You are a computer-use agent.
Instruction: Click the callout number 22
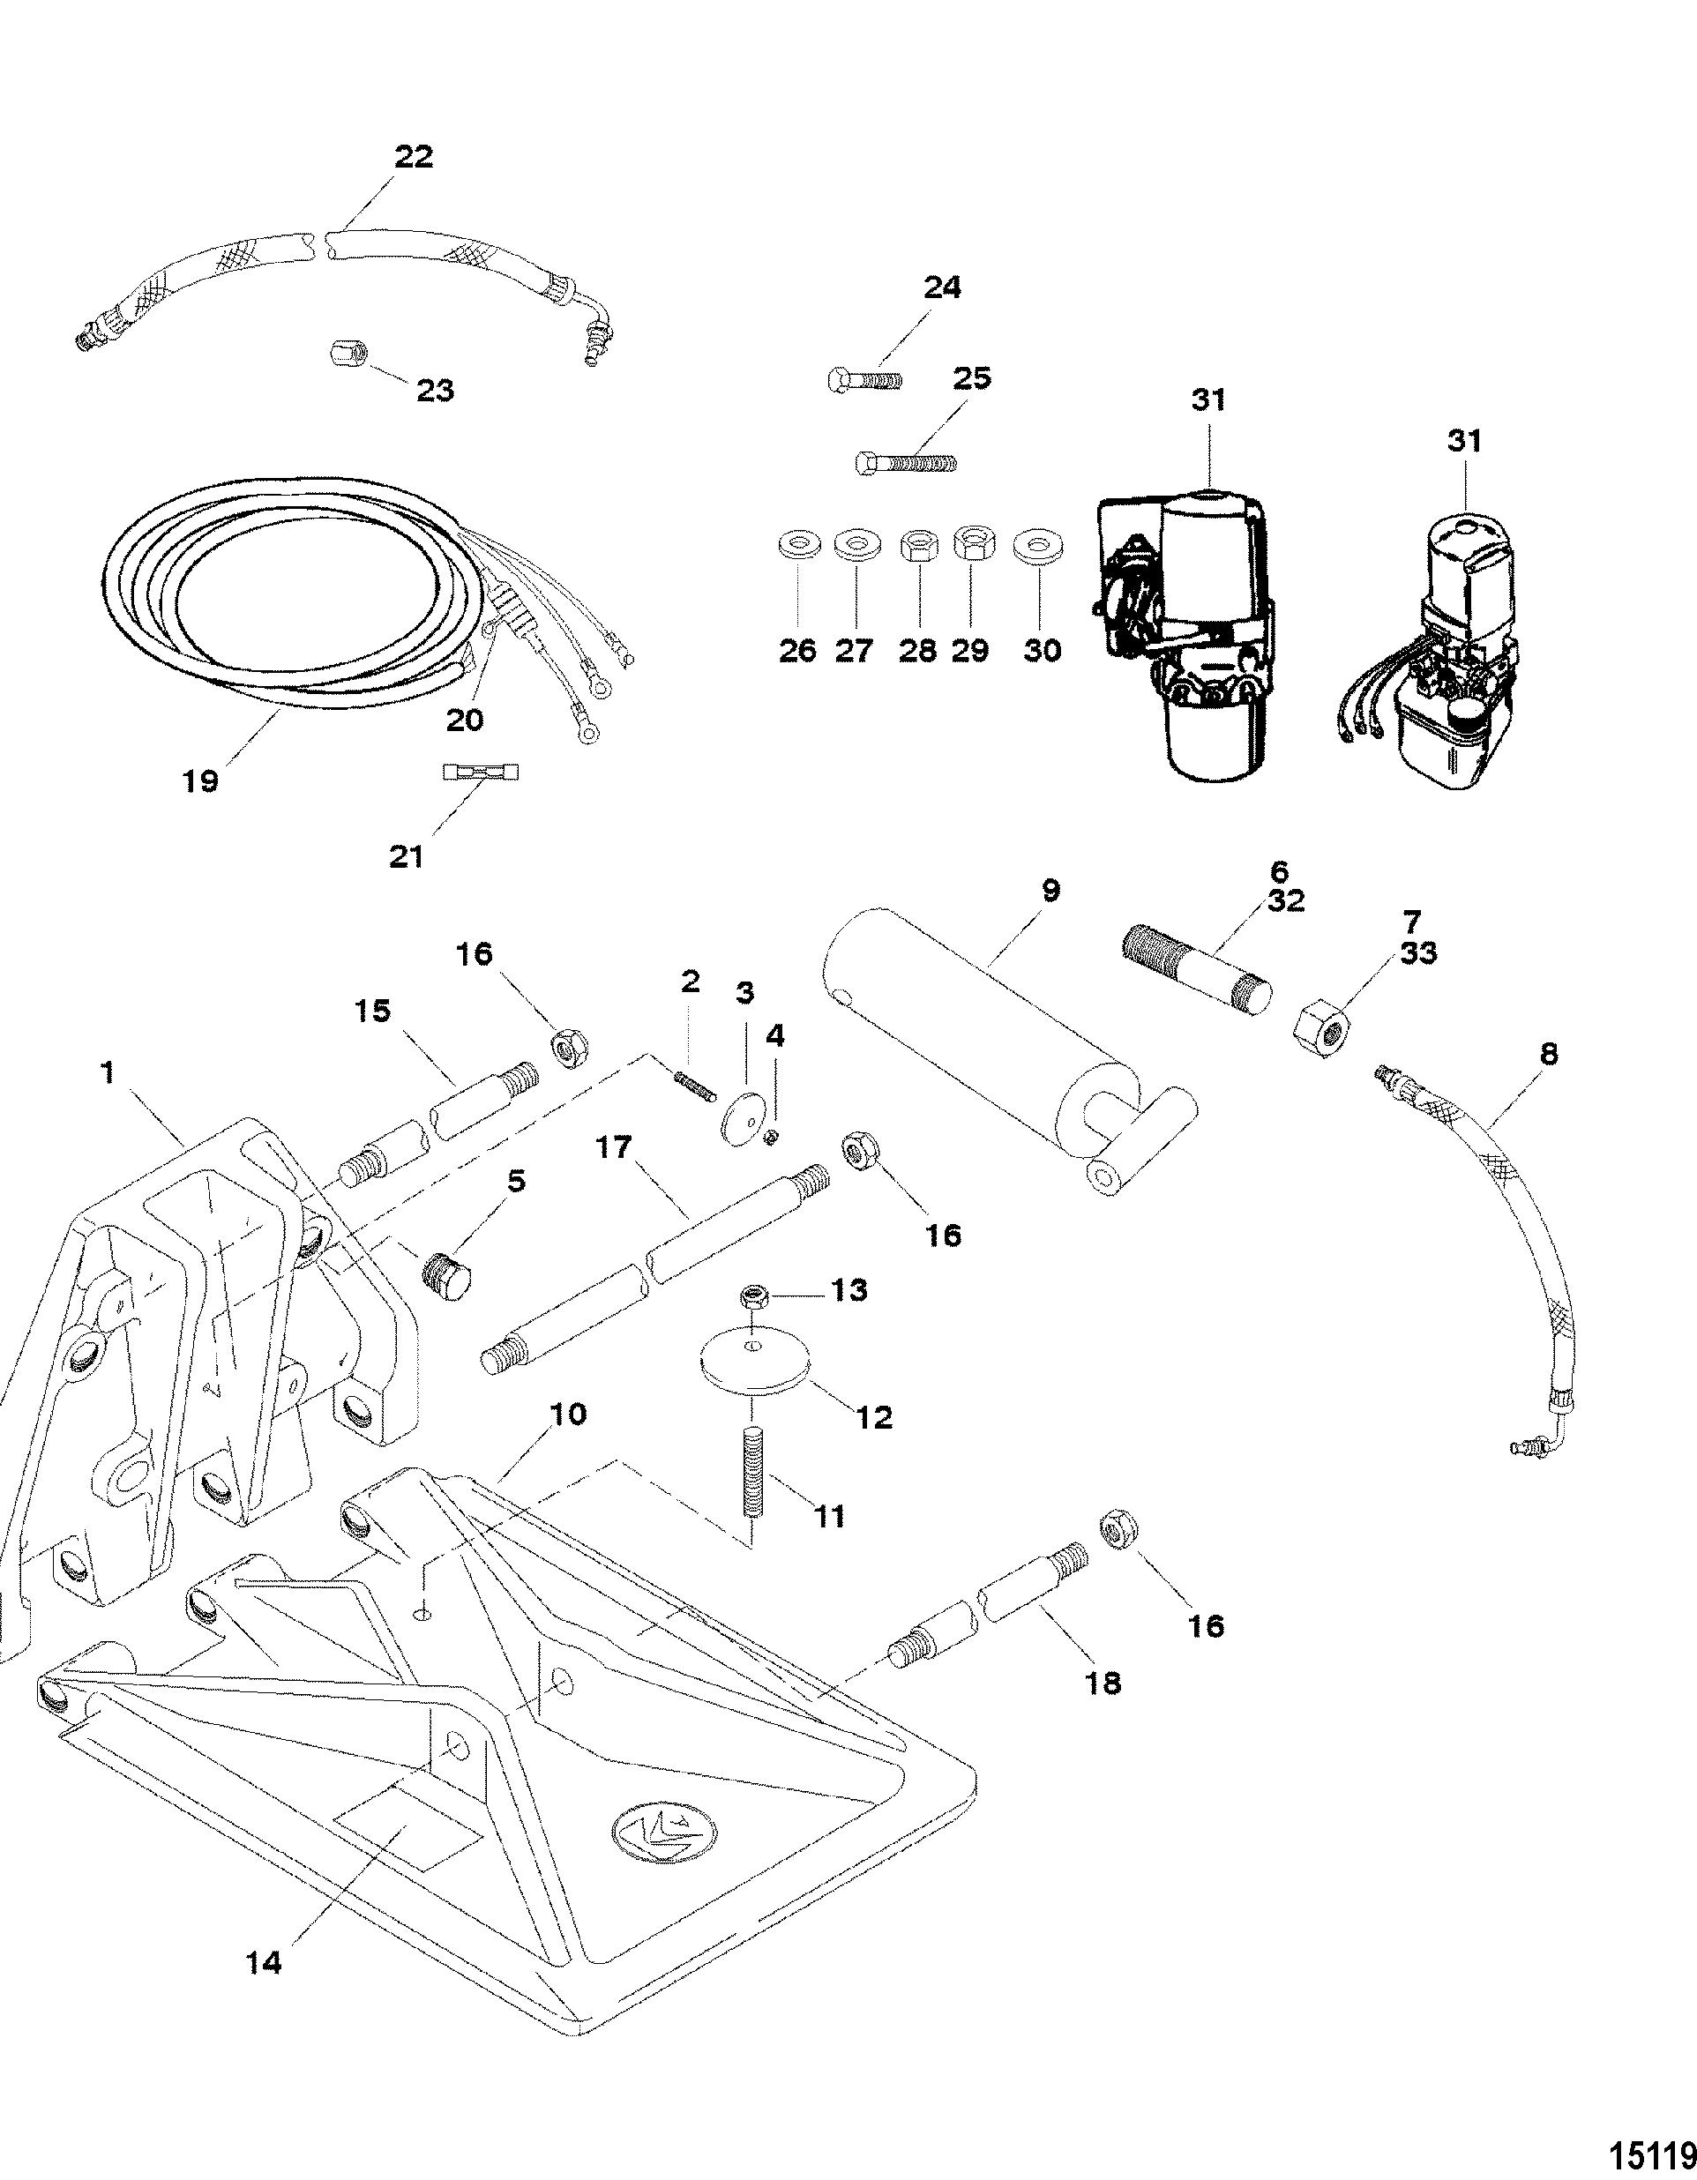[414, 157]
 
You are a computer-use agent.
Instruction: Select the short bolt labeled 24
[864, 379]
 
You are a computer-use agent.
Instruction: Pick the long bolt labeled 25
[907, 462]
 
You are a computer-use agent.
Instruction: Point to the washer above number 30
[1038, 547]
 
